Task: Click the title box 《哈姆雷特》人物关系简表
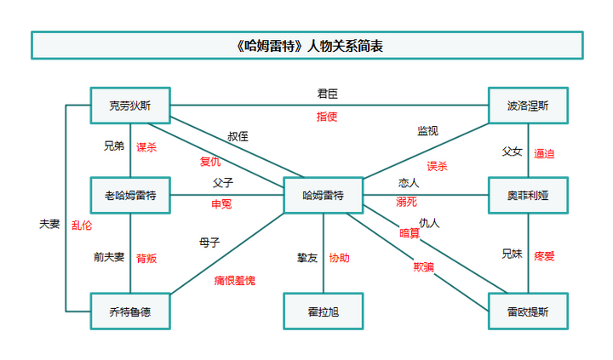coord(306,46)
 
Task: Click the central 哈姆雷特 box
coord(324,196)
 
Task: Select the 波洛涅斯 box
coord(528,106)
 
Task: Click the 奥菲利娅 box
coord(528,196)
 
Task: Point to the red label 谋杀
coord(147,146)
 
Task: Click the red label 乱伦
coord(82,225)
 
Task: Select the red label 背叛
coord(146,258)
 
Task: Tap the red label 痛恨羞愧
coord(235,279)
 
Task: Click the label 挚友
coord(306,257)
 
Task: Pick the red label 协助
coord(339,257)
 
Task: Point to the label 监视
coord(427,130)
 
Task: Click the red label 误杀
coord(437,165)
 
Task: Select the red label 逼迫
coord(544,152)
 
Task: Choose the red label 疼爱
coord(544,254)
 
